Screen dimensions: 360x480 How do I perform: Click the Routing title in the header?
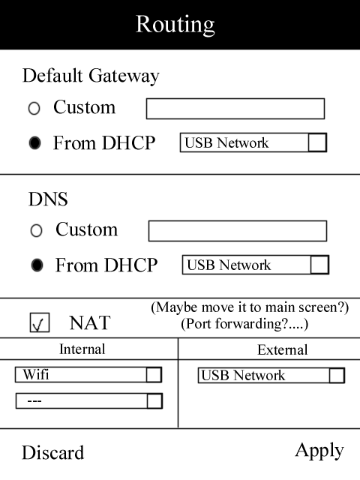tap(175, 25)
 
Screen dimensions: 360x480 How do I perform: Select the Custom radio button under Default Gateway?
tap(34, 108)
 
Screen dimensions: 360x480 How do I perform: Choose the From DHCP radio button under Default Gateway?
tap(34, 143)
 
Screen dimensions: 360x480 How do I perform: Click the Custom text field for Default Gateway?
tap(235, 109)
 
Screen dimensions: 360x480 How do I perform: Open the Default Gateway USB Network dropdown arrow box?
tap(317, 142)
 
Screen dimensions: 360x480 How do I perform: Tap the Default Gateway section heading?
tap(91, 76)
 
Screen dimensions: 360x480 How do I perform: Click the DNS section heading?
tap(48, 199)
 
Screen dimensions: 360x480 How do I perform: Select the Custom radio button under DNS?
tap(36, 230)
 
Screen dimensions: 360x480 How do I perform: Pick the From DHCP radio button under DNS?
tap(37, 265)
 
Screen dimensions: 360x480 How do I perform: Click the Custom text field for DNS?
tap(238, 231)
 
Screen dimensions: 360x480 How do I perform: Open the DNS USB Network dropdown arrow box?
tap(319, 265)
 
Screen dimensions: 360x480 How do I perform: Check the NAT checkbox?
tap(40, 322)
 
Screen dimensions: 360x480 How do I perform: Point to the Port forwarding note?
tap(244, 324)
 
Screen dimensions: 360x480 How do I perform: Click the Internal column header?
tap(82, 349)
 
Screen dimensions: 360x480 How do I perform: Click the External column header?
tap(282, 350)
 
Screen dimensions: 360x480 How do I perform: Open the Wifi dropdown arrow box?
tap(154, 375)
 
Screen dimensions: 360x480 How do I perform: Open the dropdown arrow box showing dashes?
tap(154, 401)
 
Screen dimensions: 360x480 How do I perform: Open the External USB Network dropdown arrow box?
tap(337, 376)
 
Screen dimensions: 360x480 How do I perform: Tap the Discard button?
tap(52, 453)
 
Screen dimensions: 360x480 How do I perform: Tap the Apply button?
tap(319, 451)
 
